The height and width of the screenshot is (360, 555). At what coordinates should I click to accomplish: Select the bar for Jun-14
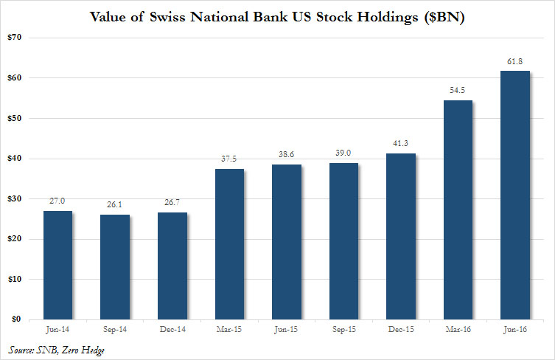coord(57,266)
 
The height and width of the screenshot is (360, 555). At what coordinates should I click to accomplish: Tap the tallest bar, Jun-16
coord(515,195)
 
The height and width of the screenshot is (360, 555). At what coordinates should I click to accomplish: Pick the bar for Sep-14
coord(115,267)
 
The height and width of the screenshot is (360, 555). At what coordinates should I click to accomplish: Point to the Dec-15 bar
coord(401,237)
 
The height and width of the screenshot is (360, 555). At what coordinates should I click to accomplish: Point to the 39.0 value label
coord(343,153)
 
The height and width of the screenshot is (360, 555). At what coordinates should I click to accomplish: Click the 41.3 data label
coord(401,144)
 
